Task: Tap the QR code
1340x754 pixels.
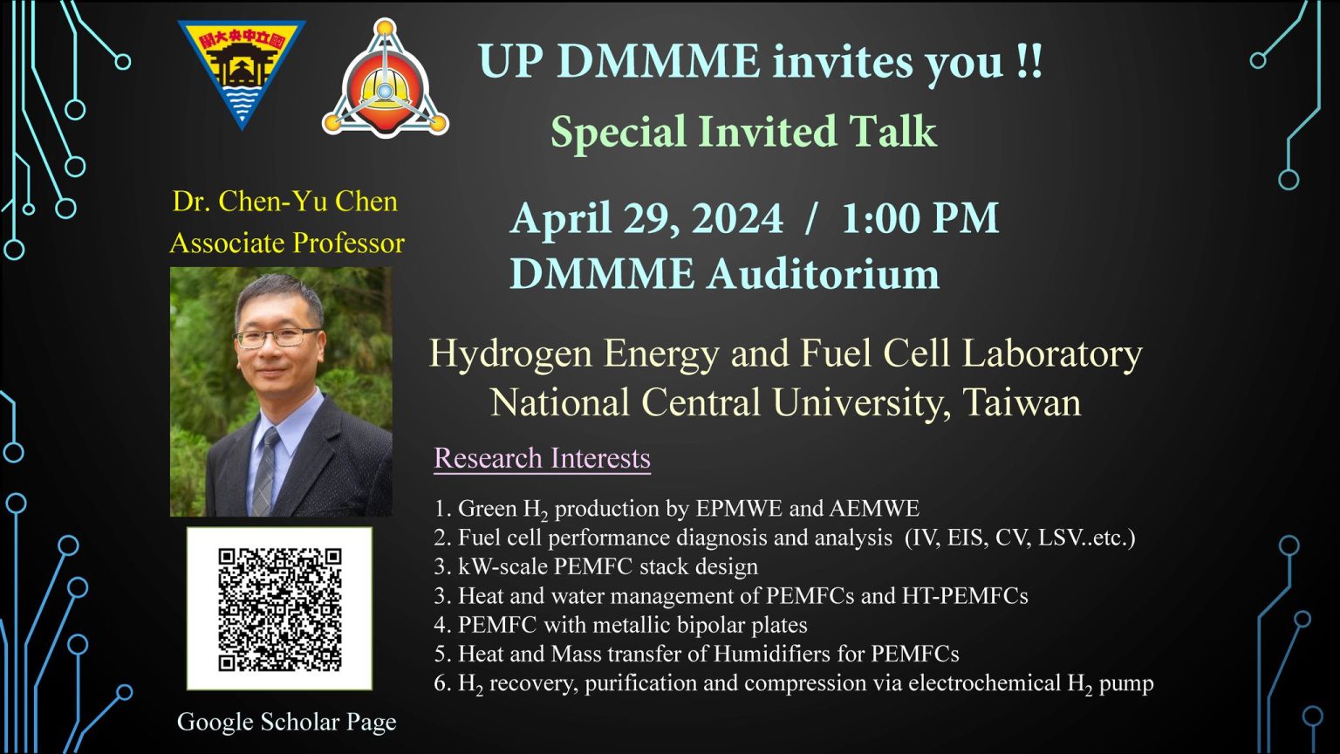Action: (x=279, y=608)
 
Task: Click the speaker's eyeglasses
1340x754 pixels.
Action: (x=277, y=338)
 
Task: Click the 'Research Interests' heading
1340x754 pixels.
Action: (x=542, y=458)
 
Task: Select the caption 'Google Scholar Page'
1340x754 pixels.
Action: (x=286, y=722)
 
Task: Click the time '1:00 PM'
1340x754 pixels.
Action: (x=920, y=218)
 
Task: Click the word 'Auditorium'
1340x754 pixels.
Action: (x=824, y=274)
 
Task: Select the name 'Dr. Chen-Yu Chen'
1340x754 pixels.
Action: (x=285, y=202)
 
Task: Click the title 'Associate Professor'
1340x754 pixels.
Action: (x=287, y=243)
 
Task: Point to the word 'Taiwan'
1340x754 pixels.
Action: (x=1022, y=402)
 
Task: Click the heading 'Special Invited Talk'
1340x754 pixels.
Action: (x=743, y=132)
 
